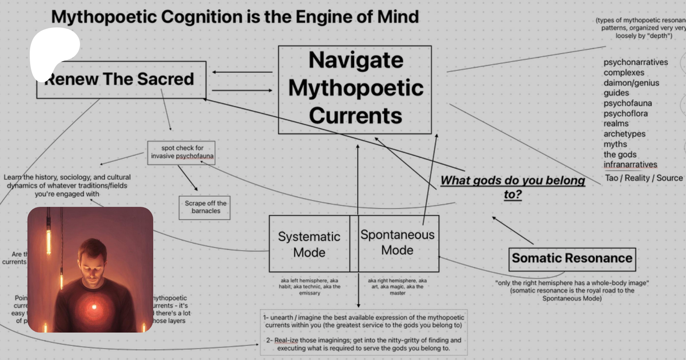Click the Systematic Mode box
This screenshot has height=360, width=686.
309,244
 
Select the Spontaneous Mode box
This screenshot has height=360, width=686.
398,243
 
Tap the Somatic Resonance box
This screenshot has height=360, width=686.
572,259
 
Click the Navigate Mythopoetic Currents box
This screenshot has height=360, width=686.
355,89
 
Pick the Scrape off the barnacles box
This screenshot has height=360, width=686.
205,207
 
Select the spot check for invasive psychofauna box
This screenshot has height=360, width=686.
182,152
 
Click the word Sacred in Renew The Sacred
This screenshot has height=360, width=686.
165,79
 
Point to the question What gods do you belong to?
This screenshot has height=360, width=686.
513,187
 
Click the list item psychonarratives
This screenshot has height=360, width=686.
635,62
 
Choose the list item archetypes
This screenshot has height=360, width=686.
624,134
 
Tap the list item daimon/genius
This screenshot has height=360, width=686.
631,83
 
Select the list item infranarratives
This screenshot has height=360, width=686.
630,165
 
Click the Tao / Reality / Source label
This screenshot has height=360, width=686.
644,178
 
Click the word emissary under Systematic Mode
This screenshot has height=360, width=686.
309,293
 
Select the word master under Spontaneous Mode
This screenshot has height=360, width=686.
397,293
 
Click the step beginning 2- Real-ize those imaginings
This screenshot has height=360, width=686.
364,344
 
